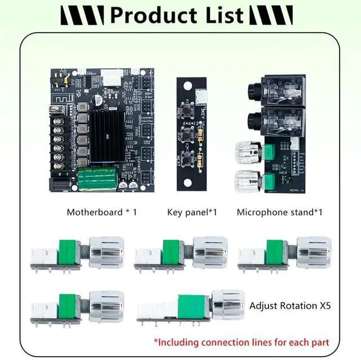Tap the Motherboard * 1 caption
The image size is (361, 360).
point(102,212)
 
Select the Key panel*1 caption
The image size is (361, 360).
point(192,212)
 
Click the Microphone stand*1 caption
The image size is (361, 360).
point(279,212)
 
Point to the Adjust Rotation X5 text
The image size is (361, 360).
point(290,306)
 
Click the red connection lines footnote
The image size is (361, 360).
point(241,341)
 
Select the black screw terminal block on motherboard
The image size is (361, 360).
point(59,139)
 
